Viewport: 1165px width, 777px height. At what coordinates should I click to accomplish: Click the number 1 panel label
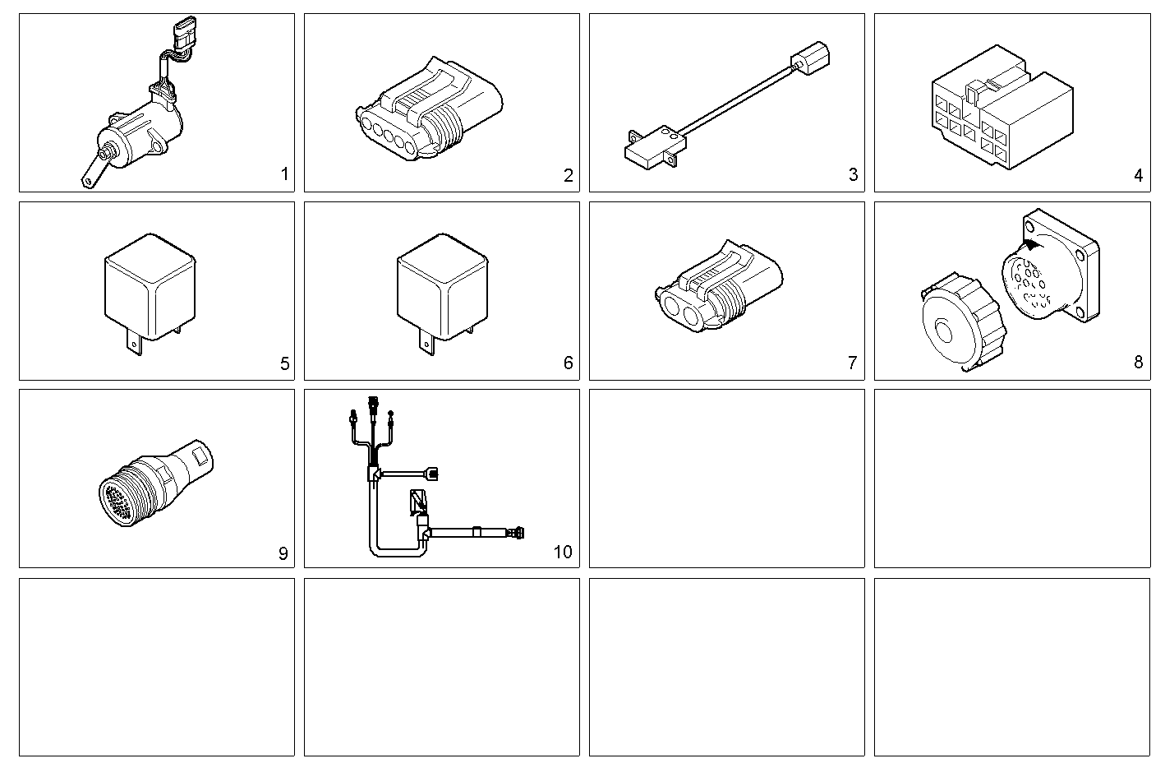[x=284, y=174]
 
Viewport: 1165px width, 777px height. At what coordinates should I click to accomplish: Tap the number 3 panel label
[x=853, y=174]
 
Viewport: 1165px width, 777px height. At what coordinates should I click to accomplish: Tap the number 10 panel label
[x=563, y=552]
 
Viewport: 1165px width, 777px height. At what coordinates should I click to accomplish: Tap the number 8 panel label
[x=1138, y=363]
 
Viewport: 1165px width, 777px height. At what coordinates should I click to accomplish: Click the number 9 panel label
[x=283, y=553]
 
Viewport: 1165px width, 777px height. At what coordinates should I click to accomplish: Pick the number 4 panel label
[x=1138, y=175]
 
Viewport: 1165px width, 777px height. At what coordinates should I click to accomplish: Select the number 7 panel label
[x=852, y=363]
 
